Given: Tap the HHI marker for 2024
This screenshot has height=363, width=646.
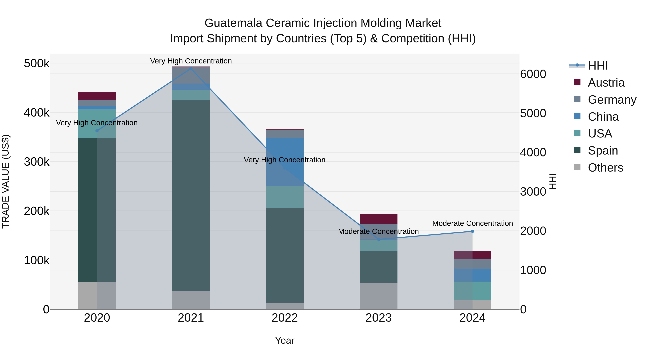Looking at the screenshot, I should (472, 231).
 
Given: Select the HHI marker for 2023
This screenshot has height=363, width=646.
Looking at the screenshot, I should (379, 239).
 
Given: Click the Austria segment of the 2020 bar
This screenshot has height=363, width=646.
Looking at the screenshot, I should (97, 96).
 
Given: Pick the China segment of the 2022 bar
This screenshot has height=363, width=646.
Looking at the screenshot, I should (285, 162).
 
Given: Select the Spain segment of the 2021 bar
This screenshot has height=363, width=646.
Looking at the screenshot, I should (191, 195).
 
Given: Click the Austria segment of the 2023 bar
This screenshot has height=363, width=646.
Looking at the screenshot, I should (379, 219).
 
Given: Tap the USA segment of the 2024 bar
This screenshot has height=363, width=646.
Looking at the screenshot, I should (472, 291).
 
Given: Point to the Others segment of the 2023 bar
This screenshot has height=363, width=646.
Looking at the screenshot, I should (379, 296).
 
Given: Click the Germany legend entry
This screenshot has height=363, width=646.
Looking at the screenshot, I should (612, 100).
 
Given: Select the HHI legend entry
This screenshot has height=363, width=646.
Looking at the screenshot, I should (598, 66).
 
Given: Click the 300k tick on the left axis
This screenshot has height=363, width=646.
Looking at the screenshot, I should (37, 162).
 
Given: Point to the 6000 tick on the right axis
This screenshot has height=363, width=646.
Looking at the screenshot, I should (533, 74).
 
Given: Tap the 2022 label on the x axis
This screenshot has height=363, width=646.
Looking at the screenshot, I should (285, 318).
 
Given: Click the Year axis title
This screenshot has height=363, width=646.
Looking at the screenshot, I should (285, 340).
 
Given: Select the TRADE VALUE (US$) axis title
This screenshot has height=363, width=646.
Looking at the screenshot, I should (6, 181).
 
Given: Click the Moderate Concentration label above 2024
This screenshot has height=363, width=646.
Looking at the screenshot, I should (472, 223).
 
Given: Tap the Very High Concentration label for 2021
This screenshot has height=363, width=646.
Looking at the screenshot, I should (191, 61).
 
